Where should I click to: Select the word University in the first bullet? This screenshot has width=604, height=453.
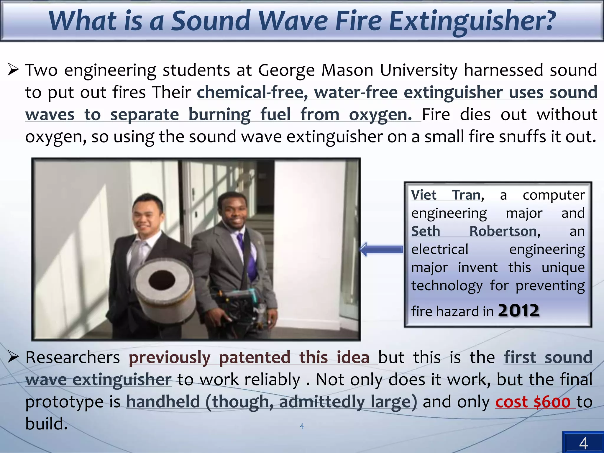tap(419, 70)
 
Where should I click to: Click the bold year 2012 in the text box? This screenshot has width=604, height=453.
tap(519, 311)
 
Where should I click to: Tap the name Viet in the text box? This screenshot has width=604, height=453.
tap(424, 195)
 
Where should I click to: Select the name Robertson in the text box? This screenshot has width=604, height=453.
tap(503, 231)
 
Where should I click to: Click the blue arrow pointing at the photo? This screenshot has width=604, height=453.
tap(382, 250)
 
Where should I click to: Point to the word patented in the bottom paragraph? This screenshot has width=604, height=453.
tap(255, 358)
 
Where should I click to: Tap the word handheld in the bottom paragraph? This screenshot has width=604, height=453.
tap(163, 402)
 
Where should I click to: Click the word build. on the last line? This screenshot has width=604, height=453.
tap(47, 424)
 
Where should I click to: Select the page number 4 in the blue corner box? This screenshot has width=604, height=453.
tap(583, 443)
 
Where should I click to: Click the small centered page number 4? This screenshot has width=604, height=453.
tap(302, 426)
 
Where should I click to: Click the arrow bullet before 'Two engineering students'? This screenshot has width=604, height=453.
tap(14, 70)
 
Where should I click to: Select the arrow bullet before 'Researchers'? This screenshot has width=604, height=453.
tap(14, 357)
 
